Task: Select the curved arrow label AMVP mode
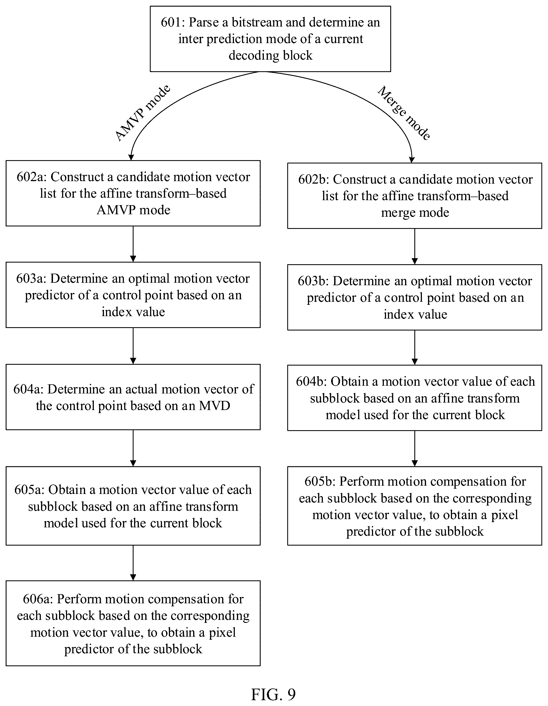point(142,113)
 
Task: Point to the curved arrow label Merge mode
point(404,113)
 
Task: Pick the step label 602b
point(313,180)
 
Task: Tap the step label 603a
point(31,279)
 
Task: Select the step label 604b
point(311,382)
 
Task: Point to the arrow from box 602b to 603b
point(415,247)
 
